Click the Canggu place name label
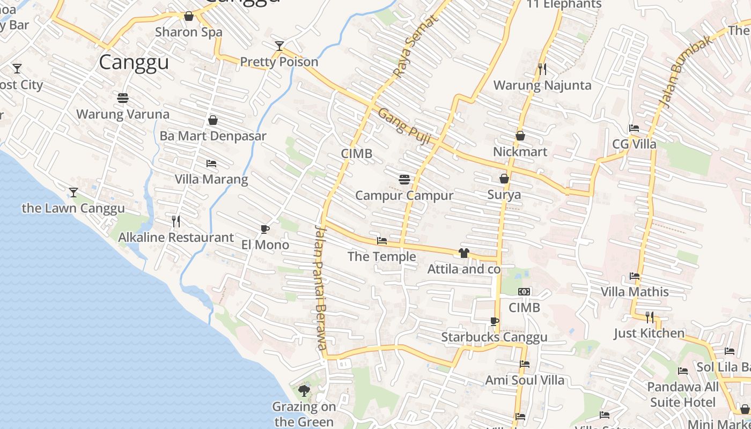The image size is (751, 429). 134,62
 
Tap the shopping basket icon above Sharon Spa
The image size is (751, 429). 189,16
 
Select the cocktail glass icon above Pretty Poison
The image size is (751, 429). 279,46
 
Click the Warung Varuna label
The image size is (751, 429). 123,114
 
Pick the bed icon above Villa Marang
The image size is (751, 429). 211,163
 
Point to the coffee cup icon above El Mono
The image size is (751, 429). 264,229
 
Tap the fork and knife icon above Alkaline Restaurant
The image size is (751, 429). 176,221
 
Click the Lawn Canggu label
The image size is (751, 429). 73,208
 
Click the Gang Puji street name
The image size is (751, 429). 404,127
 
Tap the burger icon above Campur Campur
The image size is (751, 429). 404,179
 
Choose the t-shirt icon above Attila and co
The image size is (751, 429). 464,253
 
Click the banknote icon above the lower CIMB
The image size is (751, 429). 524,292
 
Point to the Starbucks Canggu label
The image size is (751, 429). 494,337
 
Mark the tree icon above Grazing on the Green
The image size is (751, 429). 304,390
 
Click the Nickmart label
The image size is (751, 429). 520,152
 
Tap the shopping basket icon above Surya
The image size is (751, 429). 504,179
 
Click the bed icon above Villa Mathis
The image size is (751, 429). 635,276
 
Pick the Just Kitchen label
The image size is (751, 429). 649,333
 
